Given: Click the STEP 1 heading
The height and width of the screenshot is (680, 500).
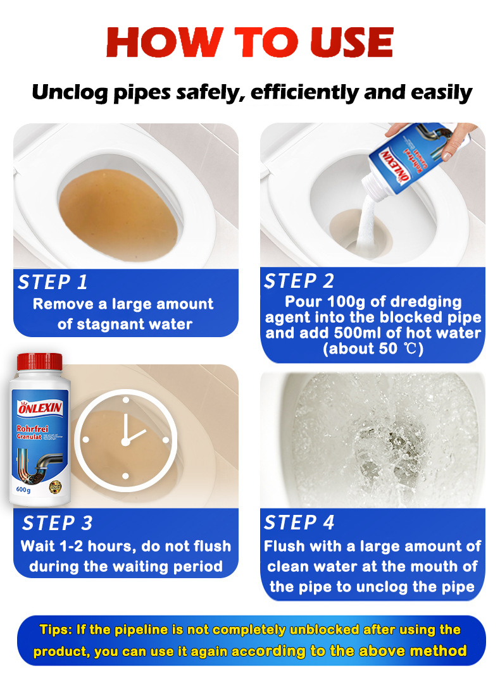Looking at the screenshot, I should (x=53, y=282).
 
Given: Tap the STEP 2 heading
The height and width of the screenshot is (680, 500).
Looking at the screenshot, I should (x=299, y=281).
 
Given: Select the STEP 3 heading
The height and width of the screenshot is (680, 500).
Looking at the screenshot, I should (x=57, y=523).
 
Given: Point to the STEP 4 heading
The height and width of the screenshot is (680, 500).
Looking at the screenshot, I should (x=299, y=522).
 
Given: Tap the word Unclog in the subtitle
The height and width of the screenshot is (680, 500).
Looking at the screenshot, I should (x=67, y=93).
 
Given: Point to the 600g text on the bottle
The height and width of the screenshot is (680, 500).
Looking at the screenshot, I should (x=23, y=489).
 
